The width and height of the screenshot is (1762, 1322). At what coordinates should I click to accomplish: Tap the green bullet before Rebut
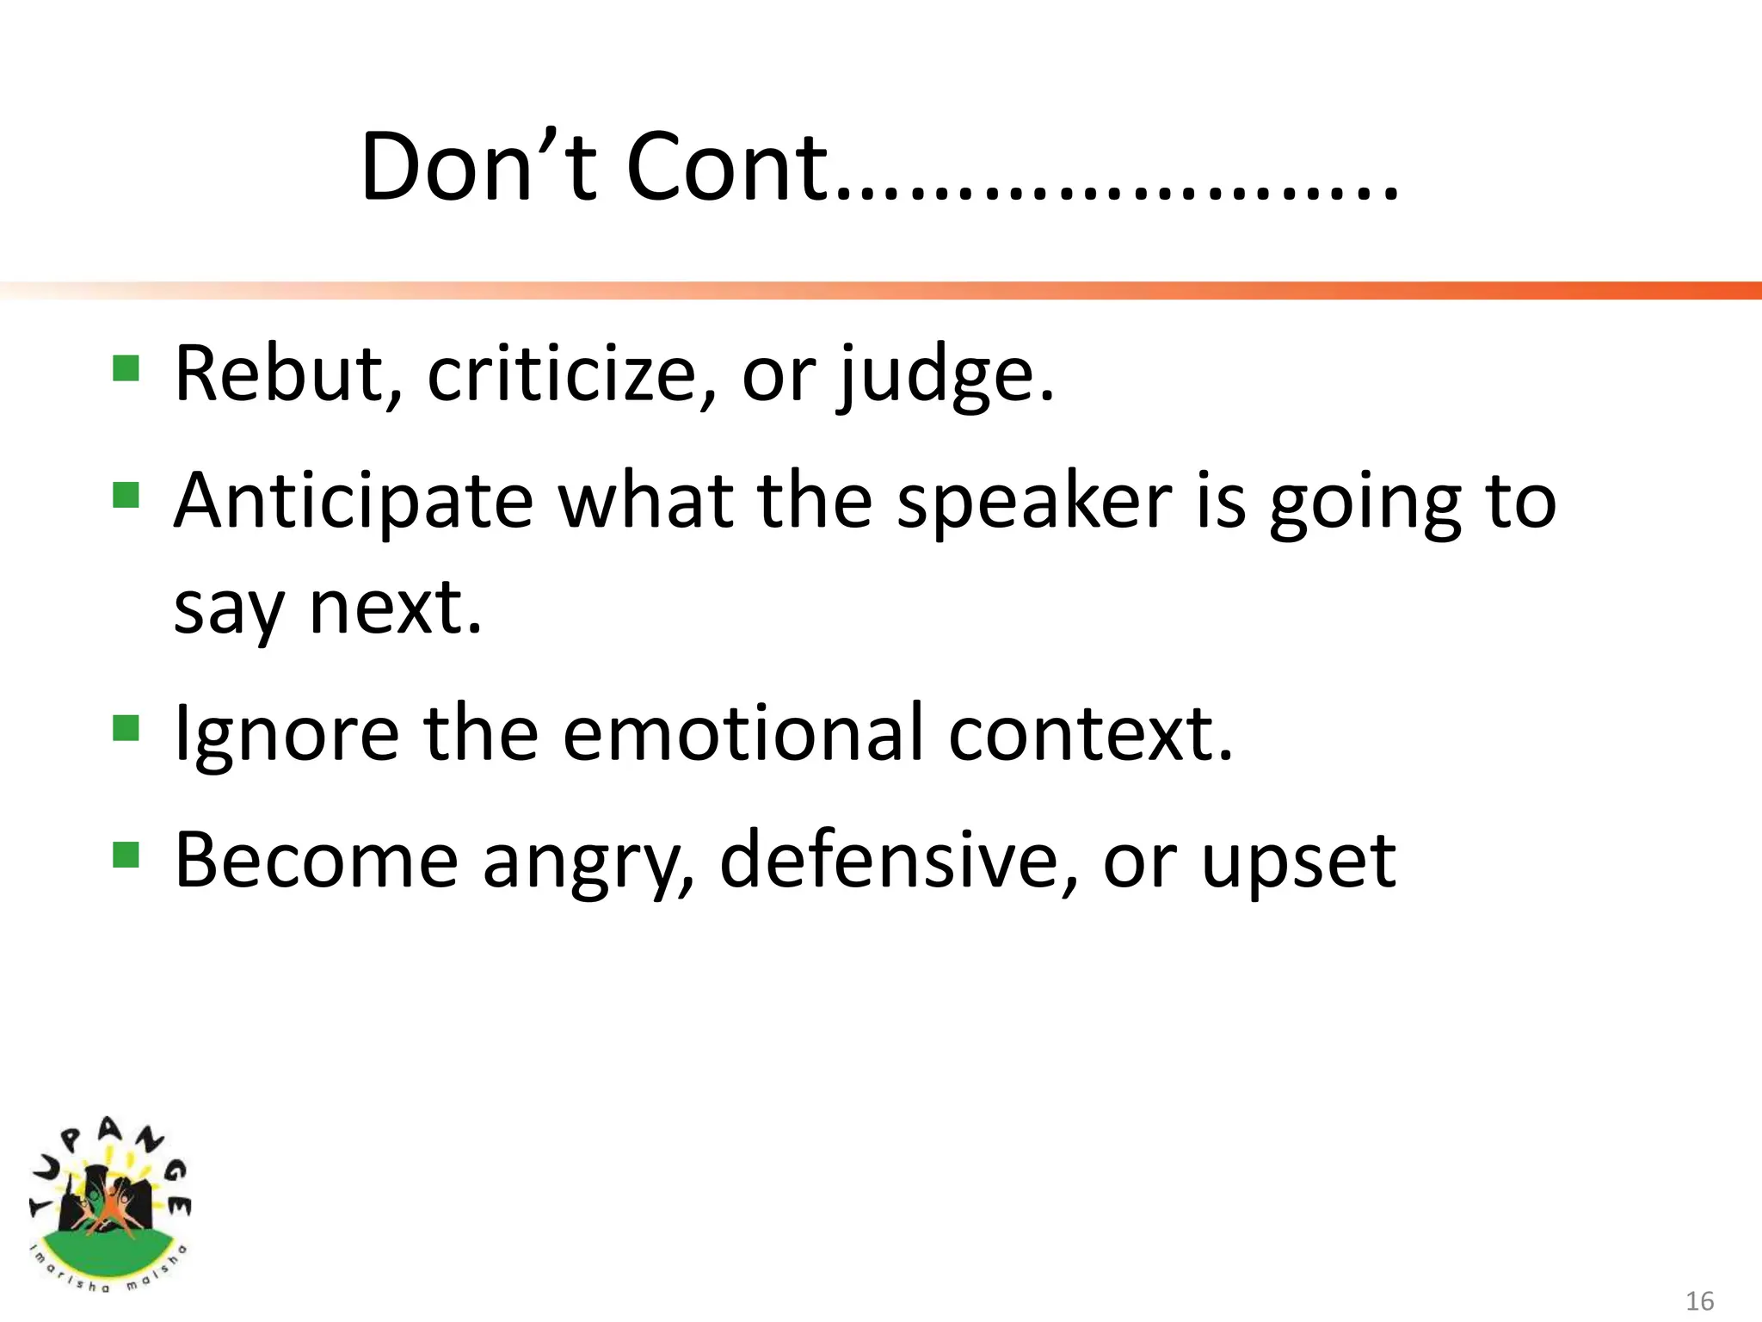coord(126,368)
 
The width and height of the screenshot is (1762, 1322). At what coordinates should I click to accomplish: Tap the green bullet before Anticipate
coord(126,495)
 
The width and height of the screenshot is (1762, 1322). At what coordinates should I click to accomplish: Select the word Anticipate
coord(354,503)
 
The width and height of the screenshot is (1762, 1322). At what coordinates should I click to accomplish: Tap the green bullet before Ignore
coord(126,728)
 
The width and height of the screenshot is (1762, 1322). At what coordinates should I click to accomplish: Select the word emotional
coord(742,733)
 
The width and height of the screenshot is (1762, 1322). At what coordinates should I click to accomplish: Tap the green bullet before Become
coord(126,855)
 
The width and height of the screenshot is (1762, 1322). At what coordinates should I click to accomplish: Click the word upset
coord(1297,863)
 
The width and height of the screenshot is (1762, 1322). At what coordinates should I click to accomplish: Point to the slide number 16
coord(1699,1300)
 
